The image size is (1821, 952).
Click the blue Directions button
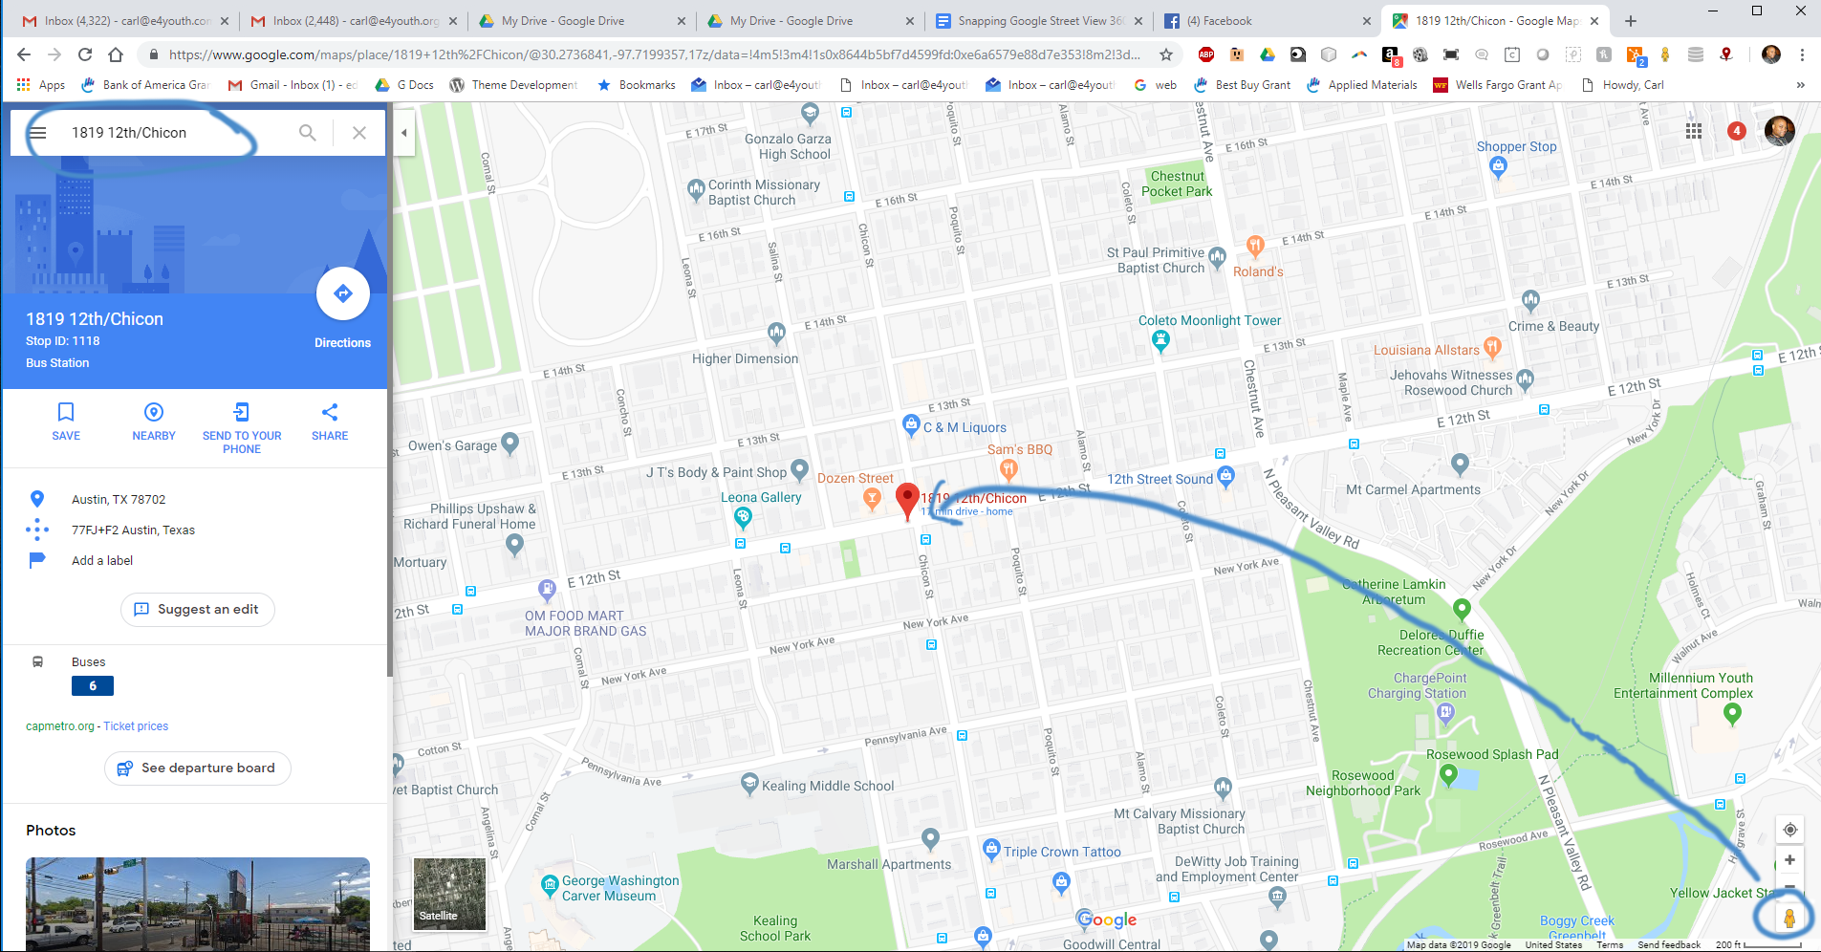tap(342, 294)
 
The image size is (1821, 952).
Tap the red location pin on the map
tap(907, 499)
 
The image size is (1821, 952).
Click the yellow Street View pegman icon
tap(1789, 919)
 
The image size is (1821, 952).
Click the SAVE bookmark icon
tap(66, 413)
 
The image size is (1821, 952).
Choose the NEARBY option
tap(153, 413)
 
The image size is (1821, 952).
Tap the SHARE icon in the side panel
tap(330, 413)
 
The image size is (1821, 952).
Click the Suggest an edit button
tap(198, 610)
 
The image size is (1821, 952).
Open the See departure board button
tap(198, 768)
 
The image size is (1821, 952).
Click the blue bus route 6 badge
tap(93, 685)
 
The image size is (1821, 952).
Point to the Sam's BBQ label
tap(1019, 449)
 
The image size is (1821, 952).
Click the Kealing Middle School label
tap(827, 786)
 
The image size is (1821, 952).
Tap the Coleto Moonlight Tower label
tap(1209, 321)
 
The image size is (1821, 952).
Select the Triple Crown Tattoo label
tap(1061, 852)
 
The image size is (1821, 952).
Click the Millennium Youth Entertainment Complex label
tap(1682, 685)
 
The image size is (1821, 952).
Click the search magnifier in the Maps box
tap(308, 133)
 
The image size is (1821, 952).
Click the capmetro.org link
tap(60, 726)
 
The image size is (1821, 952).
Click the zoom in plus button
tap(1789, 859)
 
